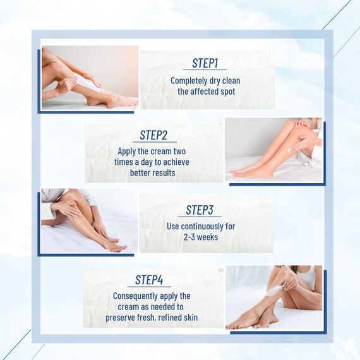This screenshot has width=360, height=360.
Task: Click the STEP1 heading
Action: [x=205, y=63]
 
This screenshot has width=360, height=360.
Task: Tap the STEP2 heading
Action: [x=153, y=135]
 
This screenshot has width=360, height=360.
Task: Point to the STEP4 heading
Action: [x=149, y=280]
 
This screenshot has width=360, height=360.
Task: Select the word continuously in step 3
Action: [x=203, y=226]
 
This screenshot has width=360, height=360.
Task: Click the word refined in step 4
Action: [x=169, y=317]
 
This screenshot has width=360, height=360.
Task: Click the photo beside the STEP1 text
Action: [x=89, y=77]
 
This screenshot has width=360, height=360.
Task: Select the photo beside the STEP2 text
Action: [x=273, y=150]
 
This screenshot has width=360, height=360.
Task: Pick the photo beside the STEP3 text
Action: [x=89, y=221]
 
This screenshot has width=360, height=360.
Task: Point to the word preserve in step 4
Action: [x=124, y=317]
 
